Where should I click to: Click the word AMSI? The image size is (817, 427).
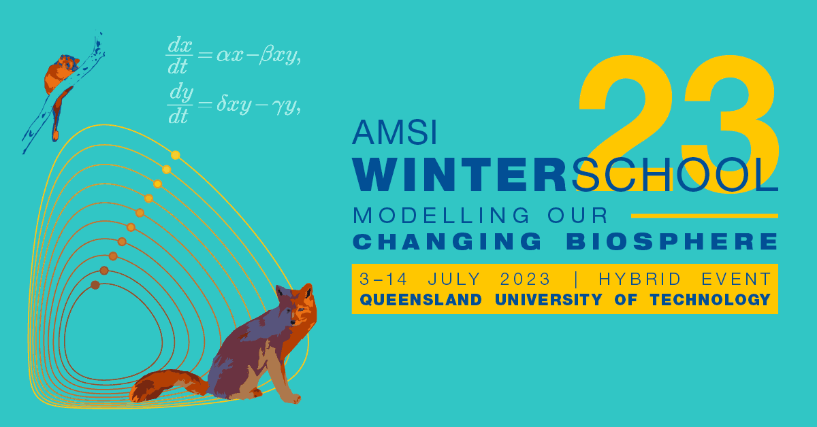click(394, 133)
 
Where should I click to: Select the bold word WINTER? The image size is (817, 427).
click(460, 175)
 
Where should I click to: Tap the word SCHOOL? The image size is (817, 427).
click(675, 175)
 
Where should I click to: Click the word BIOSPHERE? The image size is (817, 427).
click(672, 241)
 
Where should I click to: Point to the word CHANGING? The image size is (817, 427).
click(447, 241)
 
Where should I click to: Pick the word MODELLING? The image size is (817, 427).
click(441, 215)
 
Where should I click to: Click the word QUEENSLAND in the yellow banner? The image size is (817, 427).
click(421, 300)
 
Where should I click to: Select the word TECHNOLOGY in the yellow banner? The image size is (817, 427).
click(710, 300)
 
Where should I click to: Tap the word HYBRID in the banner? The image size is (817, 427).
click(640, 279)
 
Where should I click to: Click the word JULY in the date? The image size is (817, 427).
click(454, 279)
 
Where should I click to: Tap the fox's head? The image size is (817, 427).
click(298, 303)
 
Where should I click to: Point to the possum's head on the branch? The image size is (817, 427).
click(68, 63)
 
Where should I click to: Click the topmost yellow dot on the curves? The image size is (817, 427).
click(176, 155)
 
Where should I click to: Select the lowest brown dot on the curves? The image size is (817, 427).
click(95, 285)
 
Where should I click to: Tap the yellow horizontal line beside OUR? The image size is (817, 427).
click(705, 216)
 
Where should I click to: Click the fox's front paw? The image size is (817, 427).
click(294, 399)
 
